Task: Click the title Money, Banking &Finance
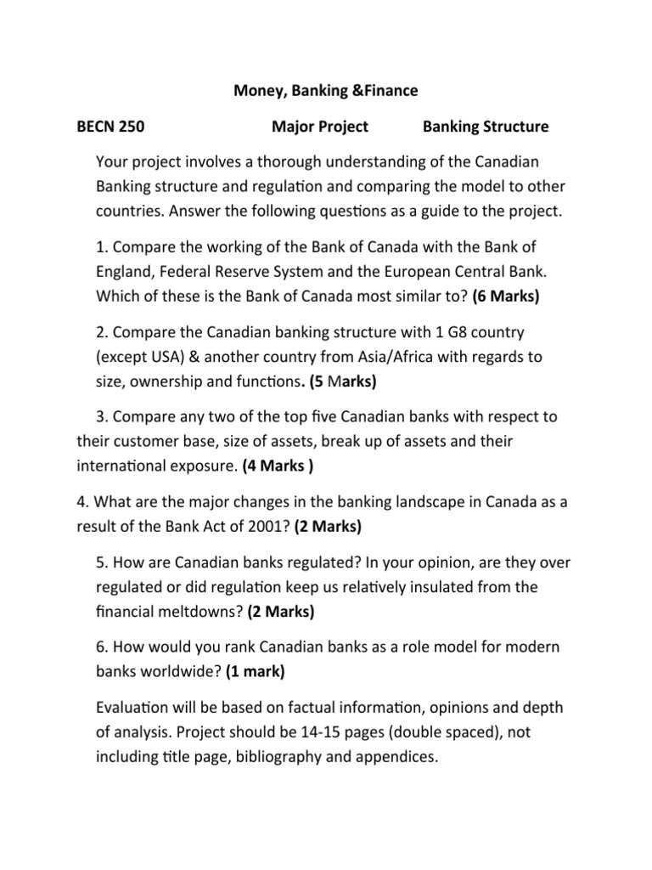pos(326,89)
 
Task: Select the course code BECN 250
pos(110,127)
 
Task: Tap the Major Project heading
pos(320,127)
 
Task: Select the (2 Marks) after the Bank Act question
pos(328,526)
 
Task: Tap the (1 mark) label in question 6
pos(256,670)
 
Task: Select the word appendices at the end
pos(396,756)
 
